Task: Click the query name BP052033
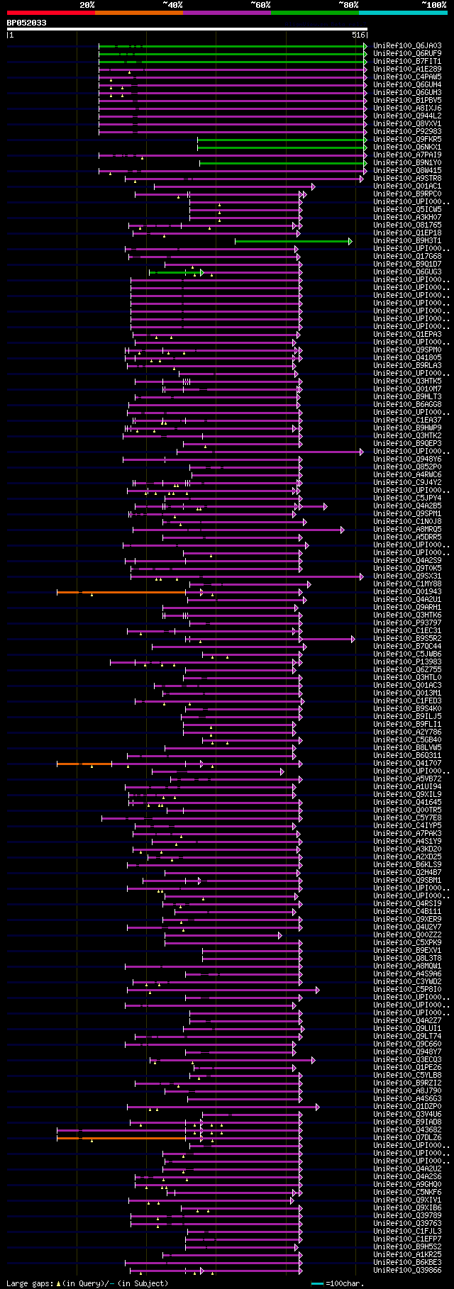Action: [x=26, y=23]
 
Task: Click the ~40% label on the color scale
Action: [x=172, y=5]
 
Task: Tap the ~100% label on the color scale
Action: [x=434, y=5]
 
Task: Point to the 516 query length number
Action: [x=358, y=34]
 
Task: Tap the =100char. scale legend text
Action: [x=345, y=1283]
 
